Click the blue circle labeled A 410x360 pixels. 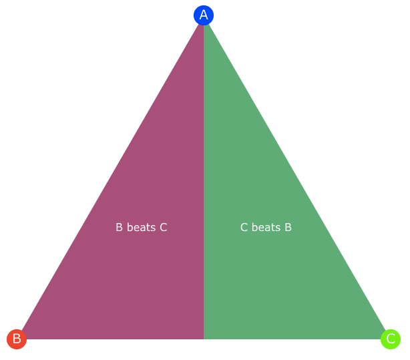[x=204, y=15]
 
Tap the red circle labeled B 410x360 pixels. [x=17, y=339]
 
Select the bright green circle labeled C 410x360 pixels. [x=391, y=339]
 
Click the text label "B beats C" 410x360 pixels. [x=142, y=227]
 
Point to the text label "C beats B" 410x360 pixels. [x=266, y=227]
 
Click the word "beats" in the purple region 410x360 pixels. [x=141, y=227]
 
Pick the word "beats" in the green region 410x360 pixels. [x=266, y=227]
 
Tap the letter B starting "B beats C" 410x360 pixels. [x=120, y=227]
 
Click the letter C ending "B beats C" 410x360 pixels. [x=164, y=227]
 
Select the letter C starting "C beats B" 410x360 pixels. [x=244, y=227]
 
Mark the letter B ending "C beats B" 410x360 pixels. [x=288, y=227]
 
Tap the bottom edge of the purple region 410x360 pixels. [x=115, y=339]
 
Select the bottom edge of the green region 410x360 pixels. [x=292, y=339]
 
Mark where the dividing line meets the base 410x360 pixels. [x=204, y=339]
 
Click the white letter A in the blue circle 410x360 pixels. [x=204, y=15]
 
